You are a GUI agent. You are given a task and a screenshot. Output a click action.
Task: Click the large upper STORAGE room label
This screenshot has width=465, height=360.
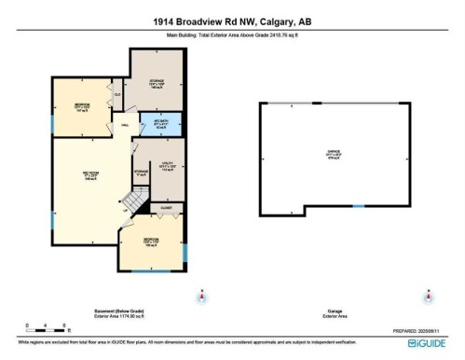(x=157, y=84)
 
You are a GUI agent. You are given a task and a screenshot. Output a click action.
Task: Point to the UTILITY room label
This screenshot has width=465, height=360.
(x=167, y=169)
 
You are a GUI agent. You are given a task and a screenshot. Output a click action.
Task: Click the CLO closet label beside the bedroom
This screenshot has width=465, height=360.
(x=116, y=93)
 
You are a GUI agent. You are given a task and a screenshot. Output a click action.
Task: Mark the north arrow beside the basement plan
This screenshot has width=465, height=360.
(x=200, y=297)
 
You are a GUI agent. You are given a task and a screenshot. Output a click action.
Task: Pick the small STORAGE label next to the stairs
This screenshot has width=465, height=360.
(x=142, y=173)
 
